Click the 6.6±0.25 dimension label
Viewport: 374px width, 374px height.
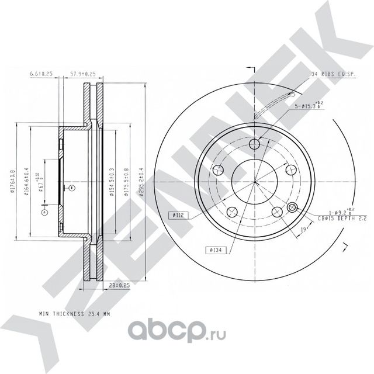[x=41, y=74]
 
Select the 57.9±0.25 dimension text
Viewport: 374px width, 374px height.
[x=82, y=74]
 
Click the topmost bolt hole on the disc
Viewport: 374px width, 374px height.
[x=254, y=145]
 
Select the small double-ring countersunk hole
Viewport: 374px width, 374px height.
[x=293, y=207]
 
